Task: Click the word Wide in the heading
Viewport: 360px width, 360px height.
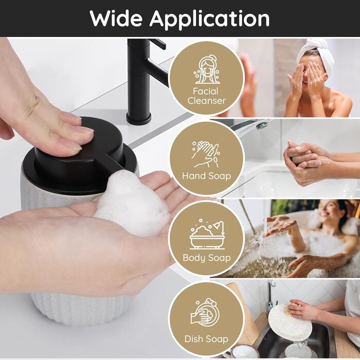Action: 116,19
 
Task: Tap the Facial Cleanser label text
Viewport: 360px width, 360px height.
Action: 206,96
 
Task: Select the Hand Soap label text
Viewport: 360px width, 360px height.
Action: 206,176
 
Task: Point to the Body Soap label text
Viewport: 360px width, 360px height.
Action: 207,258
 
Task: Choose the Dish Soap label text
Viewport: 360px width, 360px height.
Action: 206,339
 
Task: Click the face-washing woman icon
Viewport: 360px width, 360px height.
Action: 206,69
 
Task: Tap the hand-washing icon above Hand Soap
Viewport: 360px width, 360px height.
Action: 206,154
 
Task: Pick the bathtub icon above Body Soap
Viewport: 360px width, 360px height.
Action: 207,233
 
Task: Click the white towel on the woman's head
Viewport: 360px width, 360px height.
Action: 316,53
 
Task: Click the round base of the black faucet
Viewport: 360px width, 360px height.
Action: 139,118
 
